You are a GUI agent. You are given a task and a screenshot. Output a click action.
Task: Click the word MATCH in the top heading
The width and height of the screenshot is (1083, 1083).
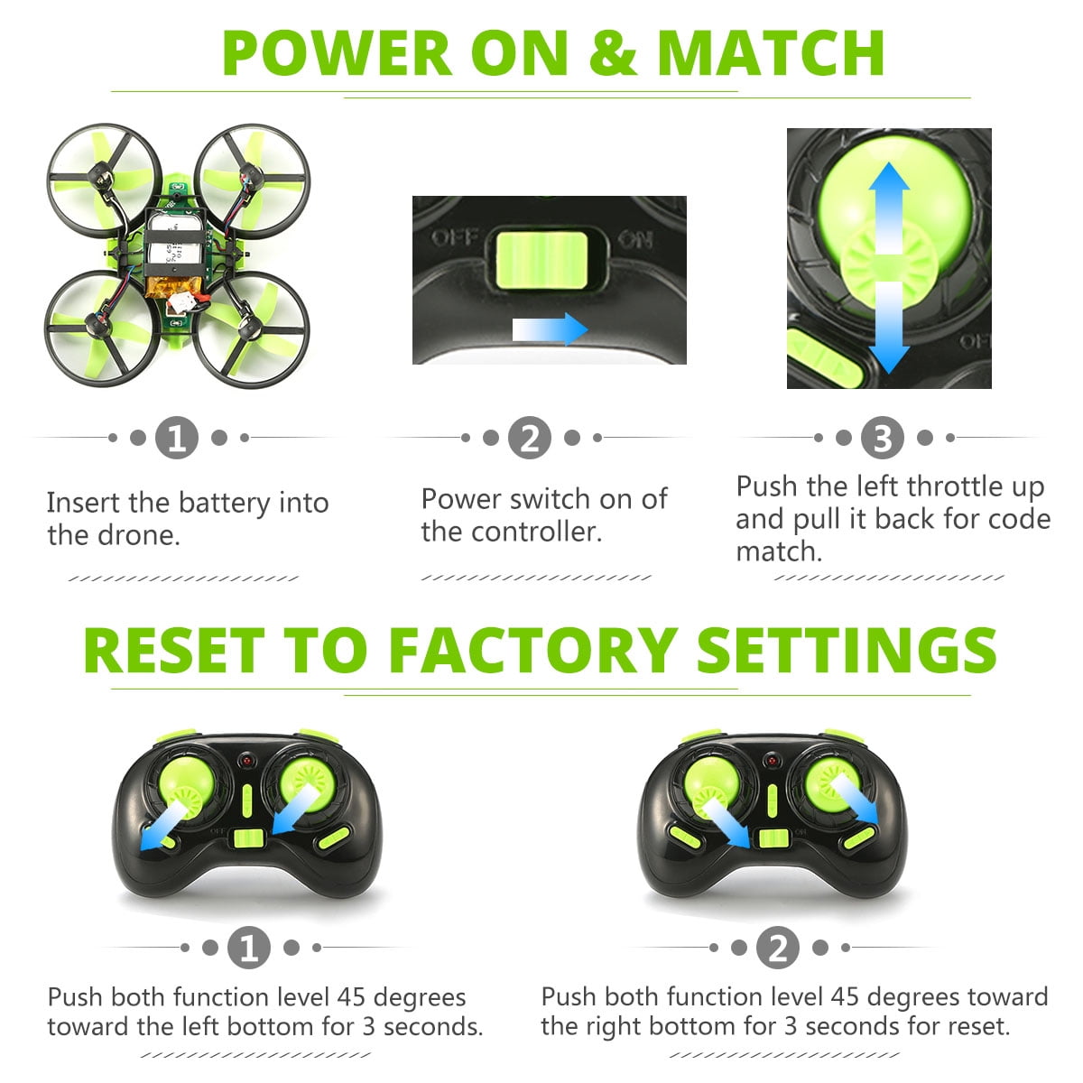click(x=772, y=53)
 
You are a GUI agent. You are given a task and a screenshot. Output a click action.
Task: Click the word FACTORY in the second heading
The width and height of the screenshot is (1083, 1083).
click(x=532, y=650)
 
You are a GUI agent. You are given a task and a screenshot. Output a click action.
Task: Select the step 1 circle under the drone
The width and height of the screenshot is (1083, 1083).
click(x=177, y=439)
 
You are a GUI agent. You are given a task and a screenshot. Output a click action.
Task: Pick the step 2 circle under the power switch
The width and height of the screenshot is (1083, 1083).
click(x=530, y=439)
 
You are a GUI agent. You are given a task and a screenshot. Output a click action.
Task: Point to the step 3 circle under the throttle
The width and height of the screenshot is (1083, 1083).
click(x=883, y=439)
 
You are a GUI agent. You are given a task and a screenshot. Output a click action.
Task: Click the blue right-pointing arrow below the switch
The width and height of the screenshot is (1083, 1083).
click(x=551, y=329)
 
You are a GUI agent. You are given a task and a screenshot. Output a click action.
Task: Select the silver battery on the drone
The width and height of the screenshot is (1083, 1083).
click(x=177, y=244)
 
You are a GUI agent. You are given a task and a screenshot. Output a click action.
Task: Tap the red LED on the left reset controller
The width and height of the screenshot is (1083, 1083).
click(x=245, y=763)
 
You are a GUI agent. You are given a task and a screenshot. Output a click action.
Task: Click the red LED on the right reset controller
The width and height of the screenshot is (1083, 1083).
click(x=772, y=763)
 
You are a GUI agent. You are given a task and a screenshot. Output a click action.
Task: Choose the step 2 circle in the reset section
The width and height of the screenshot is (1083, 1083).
click(x=778, y=949)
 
